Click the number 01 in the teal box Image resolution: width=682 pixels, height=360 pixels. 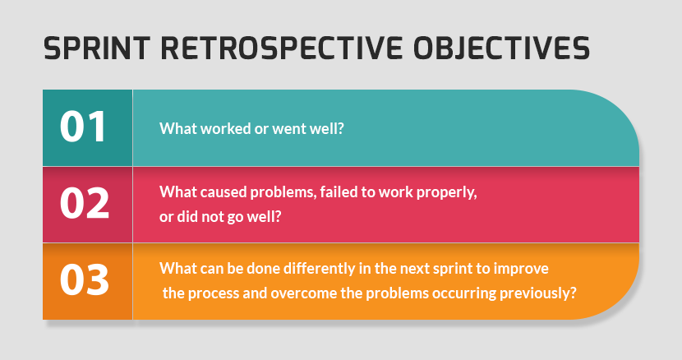click(84, 127)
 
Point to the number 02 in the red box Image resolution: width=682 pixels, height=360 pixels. click(84, 204)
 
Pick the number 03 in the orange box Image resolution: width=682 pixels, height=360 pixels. click(84, 280)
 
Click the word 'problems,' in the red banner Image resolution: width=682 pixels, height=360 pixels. click(275, 193)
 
